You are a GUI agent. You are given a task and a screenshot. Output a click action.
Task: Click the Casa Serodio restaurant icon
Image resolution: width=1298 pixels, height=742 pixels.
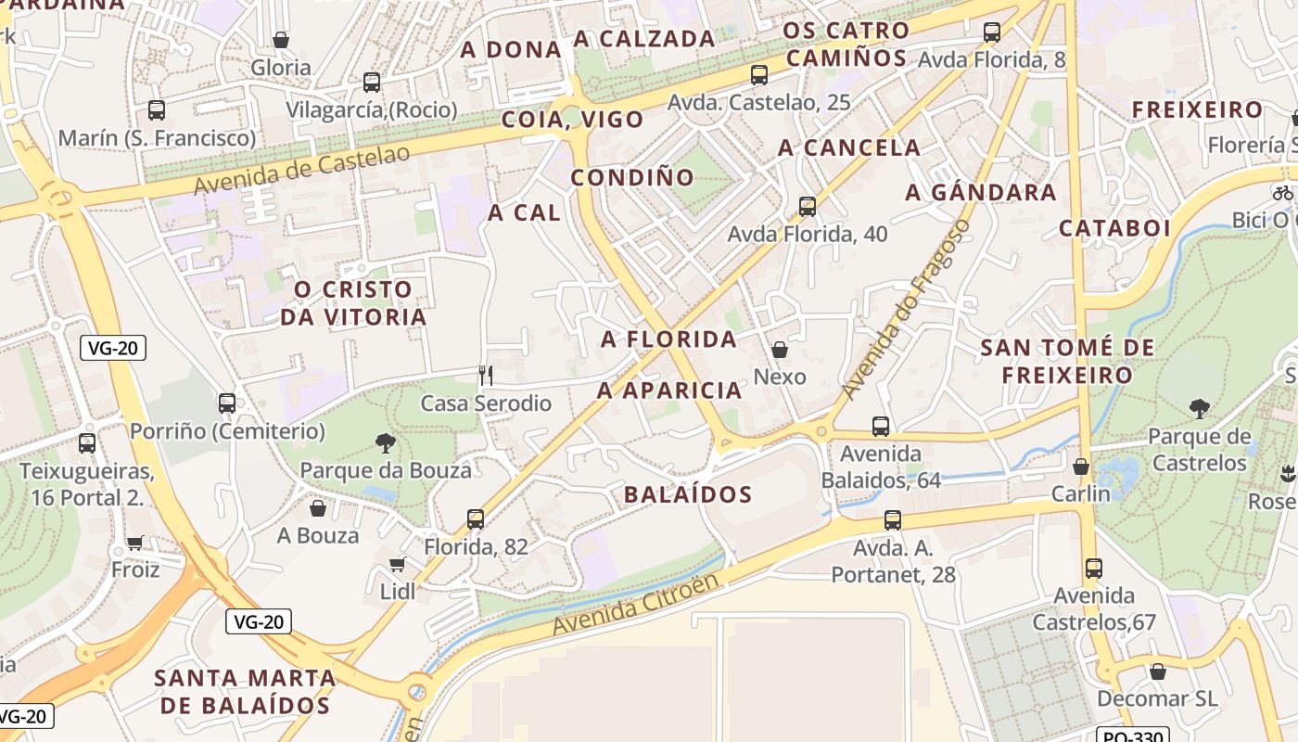[485, 375]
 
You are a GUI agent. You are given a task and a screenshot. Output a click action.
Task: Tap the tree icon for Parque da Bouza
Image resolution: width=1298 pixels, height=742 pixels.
[386, 442]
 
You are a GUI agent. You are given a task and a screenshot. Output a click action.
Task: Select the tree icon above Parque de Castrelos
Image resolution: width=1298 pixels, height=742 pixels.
[1200, 408]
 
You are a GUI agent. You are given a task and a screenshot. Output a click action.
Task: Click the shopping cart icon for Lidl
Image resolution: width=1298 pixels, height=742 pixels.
[398, 564]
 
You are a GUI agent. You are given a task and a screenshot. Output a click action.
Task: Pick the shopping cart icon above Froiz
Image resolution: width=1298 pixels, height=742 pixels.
[135, 543]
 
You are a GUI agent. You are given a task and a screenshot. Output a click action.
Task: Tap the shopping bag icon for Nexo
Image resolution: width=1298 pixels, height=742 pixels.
[780, 350]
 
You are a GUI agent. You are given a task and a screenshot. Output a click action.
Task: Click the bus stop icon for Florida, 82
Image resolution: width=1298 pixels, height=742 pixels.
[476, 519]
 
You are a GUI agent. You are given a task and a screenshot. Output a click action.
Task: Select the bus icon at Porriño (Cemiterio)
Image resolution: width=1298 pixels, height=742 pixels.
[227, 403]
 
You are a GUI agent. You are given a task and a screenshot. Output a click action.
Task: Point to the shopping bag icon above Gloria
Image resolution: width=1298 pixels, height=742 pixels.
[281, 40]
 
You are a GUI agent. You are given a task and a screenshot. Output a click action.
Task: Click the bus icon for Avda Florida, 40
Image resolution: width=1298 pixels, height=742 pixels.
[808, 207]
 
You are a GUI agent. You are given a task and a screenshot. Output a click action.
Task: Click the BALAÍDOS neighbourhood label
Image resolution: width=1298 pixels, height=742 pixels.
[688, 494]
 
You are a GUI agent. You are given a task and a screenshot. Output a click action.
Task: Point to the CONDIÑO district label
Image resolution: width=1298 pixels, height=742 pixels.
[632, 177]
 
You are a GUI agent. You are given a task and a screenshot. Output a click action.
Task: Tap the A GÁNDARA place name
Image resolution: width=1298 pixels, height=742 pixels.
[981, 193]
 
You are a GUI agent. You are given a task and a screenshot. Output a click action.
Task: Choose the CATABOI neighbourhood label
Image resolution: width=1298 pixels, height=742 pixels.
[1115, 228]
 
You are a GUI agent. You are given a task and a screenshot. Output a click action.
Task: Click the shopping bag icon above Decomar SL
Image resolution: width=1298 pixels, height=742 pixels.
[1157, 672]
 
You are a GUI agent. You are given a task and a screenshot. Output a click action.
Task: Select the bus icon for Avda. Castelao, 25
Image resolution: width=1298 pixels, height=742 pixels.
[759, 75]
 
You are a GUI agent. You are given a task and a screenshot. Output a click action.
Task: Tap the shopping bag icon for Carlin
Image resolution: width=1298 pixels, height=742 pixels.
[1081, 467]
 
